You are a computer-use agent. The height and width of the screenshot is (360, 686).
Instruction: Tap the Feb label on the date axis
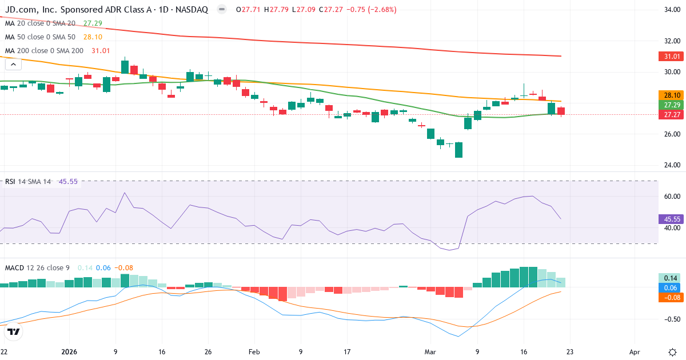coord(254,352)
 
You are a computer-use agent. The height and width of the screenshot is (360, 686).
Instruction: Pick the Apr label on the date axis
coord(634,352)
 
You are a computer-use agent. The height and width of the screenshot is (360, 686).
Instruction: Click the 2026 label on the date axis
coord(69,352)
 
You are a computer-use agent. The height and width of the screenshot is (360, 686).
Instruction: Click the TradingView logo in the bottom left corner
coord(14,331)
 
